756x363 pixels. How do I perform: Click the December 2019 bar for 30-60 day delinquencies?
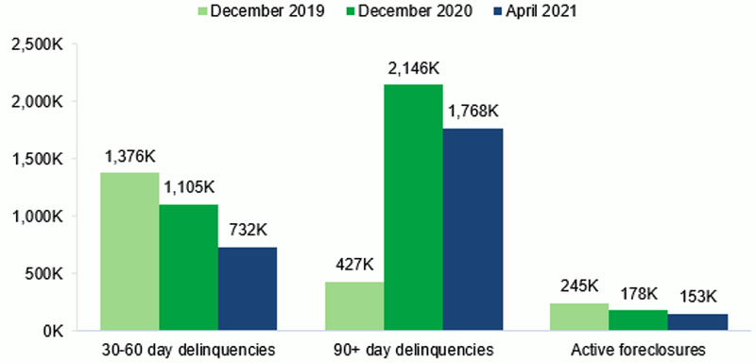tap(129, 251)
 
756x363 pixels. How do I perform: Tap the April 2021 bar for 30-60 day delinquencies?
tap(247, 288)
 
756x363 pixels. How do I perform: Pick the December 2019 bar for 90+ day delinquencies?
tap(353, 306)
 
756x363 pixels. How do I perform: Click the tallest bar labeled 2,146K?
tap(412, 207)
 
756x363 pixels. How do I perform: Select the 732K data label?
tap(247, 232)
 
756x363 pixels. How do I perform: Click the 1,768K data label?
tap(471, 112)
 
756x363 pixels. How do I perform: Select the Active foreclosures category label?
tap(637, 350)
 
